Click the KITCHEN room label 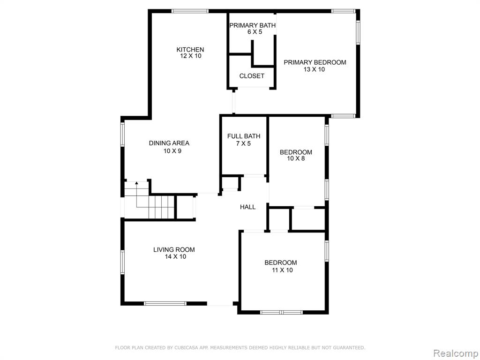190,50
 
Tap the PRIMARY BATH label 253,25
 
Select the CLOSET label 252,76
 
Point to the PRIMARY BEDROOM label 315,62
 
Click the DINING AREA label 169,143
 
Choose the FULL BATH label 244,136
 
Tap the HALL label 247,207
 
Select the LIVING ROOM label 174,250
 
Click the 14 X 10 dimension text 175,256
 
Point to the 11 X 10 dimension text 282,270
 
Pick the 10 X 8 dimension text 296,158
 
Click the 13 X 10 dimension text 314,69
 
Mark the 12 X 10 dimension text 191,56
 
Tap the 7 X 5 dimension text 243,143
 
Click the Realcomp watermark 456,353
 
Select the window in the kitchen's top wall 190,11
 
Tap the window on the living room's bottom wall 165,304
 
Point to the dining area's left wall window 122,134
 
